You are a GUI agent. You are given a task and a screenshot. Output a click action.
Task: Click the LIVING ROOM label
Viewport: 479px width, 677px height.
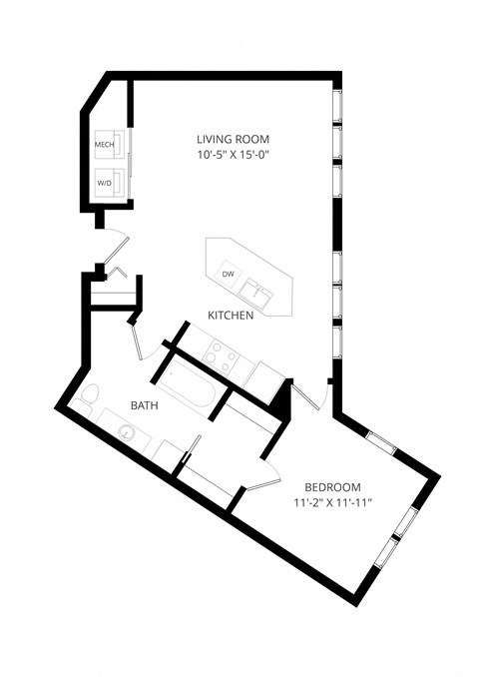[x=233, y=139]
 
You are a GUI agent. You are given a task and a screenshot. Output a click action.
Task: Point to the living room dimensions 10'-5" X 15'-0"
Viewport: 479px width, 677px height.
[x=233, y=155]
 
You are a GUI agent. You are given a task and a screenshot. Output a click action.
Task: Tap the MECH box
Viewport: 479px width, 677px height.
[x=105, y=146]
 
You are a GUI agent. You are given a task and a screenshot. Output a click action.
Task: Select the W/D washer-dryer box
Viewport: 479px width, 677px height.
[x=105, y=183]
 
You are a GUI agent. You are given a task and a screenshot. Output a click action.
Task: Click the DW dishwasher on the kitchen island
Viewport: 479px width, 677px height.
[x=228, y=274]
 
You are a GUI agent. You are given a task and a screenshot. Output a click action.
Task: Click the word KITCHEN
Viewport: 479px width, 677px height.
[x=230, y=316]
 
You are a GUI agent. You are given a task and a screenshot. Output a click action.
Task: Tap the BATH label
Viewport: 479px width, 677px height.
[x=146, y=406]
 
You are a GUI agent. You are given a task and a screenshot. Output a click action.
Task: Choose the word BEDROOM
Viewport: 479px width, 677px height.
[x=326, y=486]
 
